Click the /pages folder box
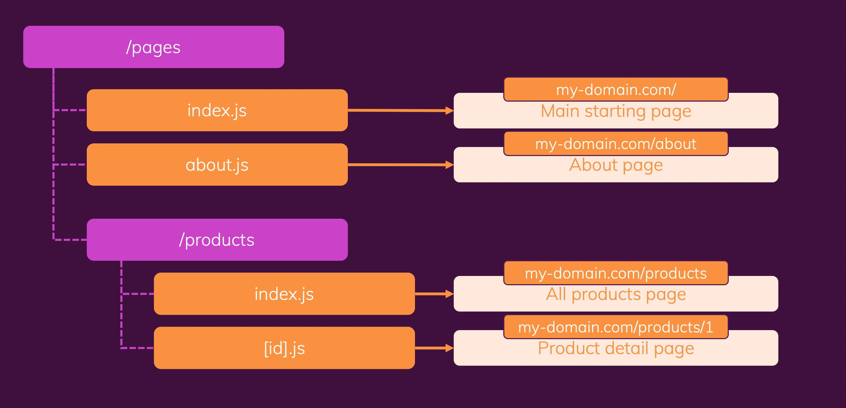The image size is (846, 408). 154,47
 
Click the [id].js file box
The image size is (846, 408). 284,348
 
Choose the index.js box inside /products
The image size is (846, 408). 284,293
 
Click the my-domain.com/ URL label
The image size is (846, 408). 616,89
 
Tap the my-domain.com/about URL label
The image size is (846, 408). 616,144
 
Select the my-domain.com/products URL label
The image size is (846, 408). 616,273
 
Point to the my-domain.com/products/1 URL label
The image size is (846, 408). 616,327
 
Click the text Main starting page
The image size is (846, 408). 616,111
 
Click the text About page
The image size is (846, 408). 616,165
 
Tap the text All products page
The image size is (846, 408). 616,294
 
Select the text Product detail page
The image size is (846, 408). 616,348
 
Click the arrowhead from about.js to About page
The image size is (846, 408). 449,165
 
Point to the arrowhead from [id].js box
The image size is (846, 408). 449,348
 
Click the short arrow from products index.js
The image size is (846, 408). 430,294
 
